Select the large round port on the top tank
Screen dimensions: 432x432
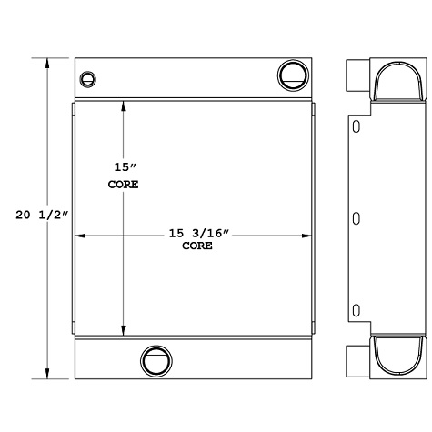(x=293, y=74)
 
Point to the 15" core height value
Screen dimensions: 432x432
(x=123, y=167)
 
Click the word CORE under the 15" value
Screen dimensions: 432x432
(x=123, y=184)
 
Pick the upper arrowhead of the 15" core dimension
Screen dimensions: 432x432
(x=124, y=104)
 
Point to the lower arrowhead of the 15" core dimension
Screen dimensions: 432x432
(x=124, y=329)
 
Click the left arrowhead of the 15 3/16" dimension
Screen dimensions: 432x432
(x=78, y=236)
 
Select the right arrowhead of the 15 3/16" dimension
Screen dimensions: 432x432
(x=309, y=236)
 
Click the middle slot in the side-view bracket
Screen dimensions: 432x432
(x=356, y=217)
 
